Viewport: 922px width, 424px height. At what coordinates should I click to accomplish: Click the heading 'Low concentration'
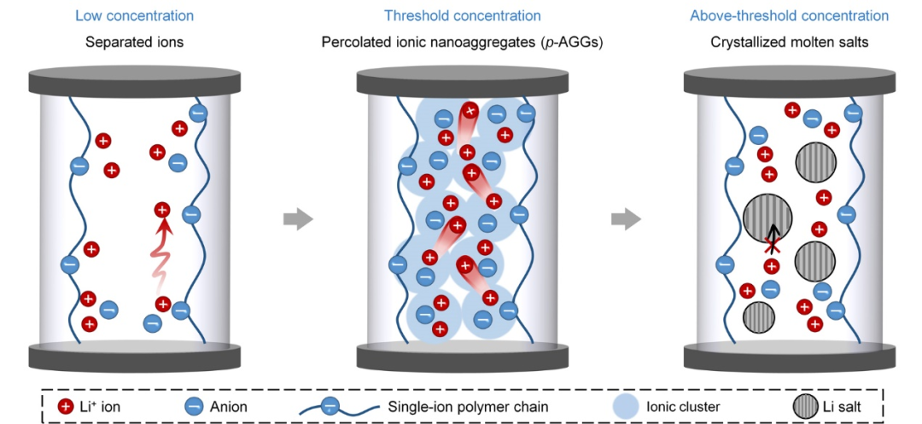pyautogui.click(x=134, y=16)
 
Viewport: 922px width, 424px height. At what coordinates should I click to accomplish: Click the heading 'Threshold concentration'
pyautogui.click(x=462, y=16)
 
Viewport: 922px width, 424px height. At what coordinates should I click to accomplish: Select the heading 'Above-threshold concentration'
pyautogui.click(x=789, y=16)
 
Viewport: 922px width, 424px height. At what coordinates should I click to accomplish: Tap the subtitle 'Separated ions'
pyautogui.click(x=134, y=41)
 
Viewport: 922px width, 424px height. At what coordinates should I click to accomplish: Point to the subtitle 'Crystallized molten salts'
pyautogui.click(x=789, y=41)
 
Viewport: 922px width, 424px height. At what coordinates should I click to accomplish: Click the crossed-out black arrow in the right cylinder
pyautogui.click(x=773, y=239)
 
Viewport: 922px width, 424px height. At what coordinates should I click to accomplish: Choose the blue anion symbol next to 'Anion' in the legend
pyautogui.click(x=195, y=406)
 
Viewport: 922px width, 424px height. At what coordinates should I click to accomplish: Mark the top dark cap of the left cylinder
pyautogui.click(x=134, y=82)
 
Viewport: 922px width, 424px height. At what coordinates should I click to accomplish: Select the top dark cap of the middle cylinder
pyautogui.click(x=461, y=82)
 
